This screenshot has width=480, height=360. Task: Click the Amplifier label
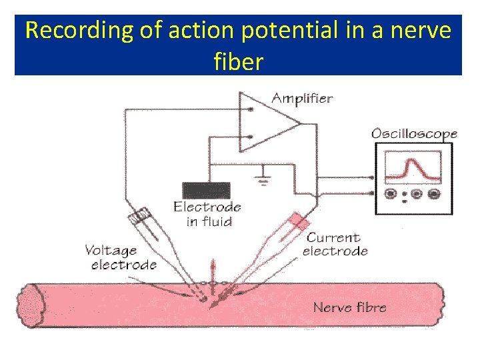[302, 99]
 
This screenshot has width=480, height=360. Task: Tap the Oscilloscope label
[414, 133]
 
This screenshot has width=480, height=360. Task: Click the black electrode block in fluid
[206, 189]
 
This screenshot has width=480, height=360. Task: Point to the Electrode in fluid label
[207, 214]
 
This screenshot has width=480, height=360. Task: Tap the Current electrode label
[335, 244]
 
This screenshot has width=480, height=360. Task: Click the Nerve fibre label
[349, 307]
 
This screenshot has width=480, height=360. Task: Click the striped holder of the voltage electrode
[141, 217]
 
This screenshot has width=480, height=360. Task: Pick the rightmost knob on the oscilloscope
[434, 194]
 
